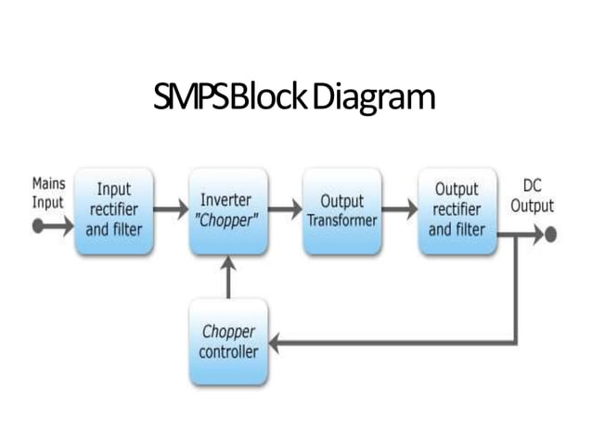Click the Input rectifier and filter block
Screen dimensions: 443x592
coord(114,211)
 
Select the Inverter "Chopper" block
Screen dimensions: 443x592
coord(227,211)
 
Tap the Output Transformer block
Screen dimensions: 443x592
coord(341,211)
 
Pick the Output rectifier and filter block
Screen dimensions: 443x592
coord(457,211)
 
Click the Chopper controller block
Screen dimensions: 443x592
coord(227,342)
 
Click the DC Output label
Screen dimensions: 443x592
coord(532,196)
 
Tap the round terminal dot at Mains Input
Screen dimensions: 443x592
coord(39,225)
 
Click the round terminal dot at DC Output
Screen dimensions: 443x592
coord(550,234)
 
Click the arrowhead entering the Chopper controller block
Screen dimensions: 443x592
coord(276,343)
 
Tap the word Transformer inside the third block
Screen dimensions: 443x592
coord(341,221)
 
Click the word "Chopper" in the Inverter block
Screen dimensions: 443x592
coord(227,221)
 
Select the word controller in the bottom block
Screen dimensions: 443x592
coord(228,352)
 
